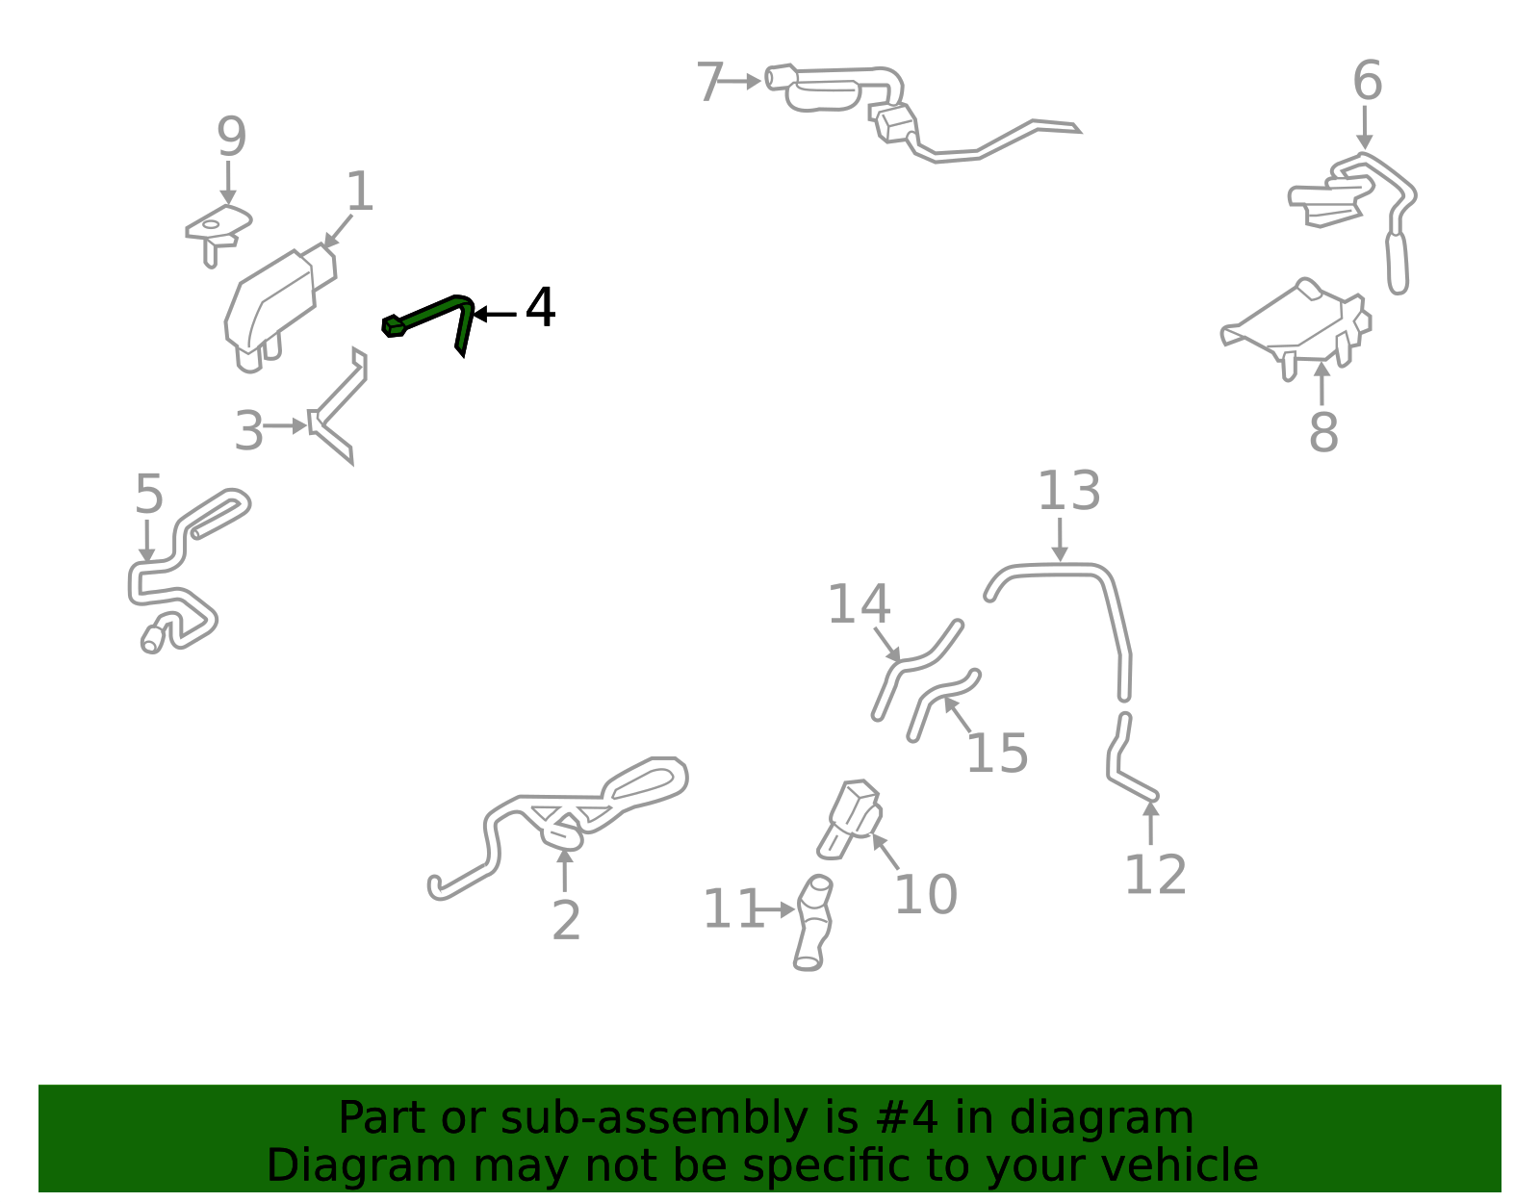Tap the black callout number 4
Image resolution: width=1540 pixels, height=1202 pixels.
pyautogui.click(x=540, y=307)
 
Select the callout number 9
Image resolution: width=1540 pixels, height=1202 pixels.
pyautogui.click(x=232, y=137)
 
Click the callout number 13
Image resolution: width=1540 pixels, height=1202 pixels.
pyautogui.click(x=1068, y=490)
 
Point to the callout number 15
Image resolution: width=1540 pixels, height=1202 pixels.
pyautogui.click(x=997, y=753)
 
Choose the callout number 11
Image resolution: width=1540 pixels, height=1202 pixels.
pyautogui.click(x=733, y=908)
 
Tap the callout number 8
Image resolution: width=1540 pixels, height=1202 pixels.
pyautogui.click(x=1323, y=431)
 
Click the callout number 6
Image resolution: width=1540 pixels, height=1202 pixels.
pyautogui.click(x=1367, y=81)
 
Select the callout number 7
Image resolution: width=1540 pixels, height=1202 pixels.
pyautogui.click(x=709, y=82)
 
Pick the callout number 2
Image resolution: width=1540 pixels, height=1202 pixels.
pyautogui.click(x=566, y=921)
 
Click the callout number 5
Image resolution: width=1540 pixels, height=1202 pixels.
pyautogui.click(x=149, y=494)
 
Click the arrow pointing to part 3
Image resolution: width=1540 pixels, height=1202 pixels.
pyautogui.click(x=285, y=425)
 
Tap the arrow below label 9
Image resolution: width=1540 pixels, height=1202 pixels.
pyautogui.click(x=228, y=183)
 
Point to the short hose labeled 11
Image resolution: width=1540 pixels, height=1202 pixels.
pyautogui.click(x=813, y=923)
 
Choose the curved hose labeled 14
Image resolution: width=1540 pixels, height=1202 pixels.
pyautogui.click(x=916, y=668)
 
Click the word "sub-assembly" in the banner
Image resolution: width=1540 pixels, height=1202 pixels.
pyautogui.click(x=654, y=1118)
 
